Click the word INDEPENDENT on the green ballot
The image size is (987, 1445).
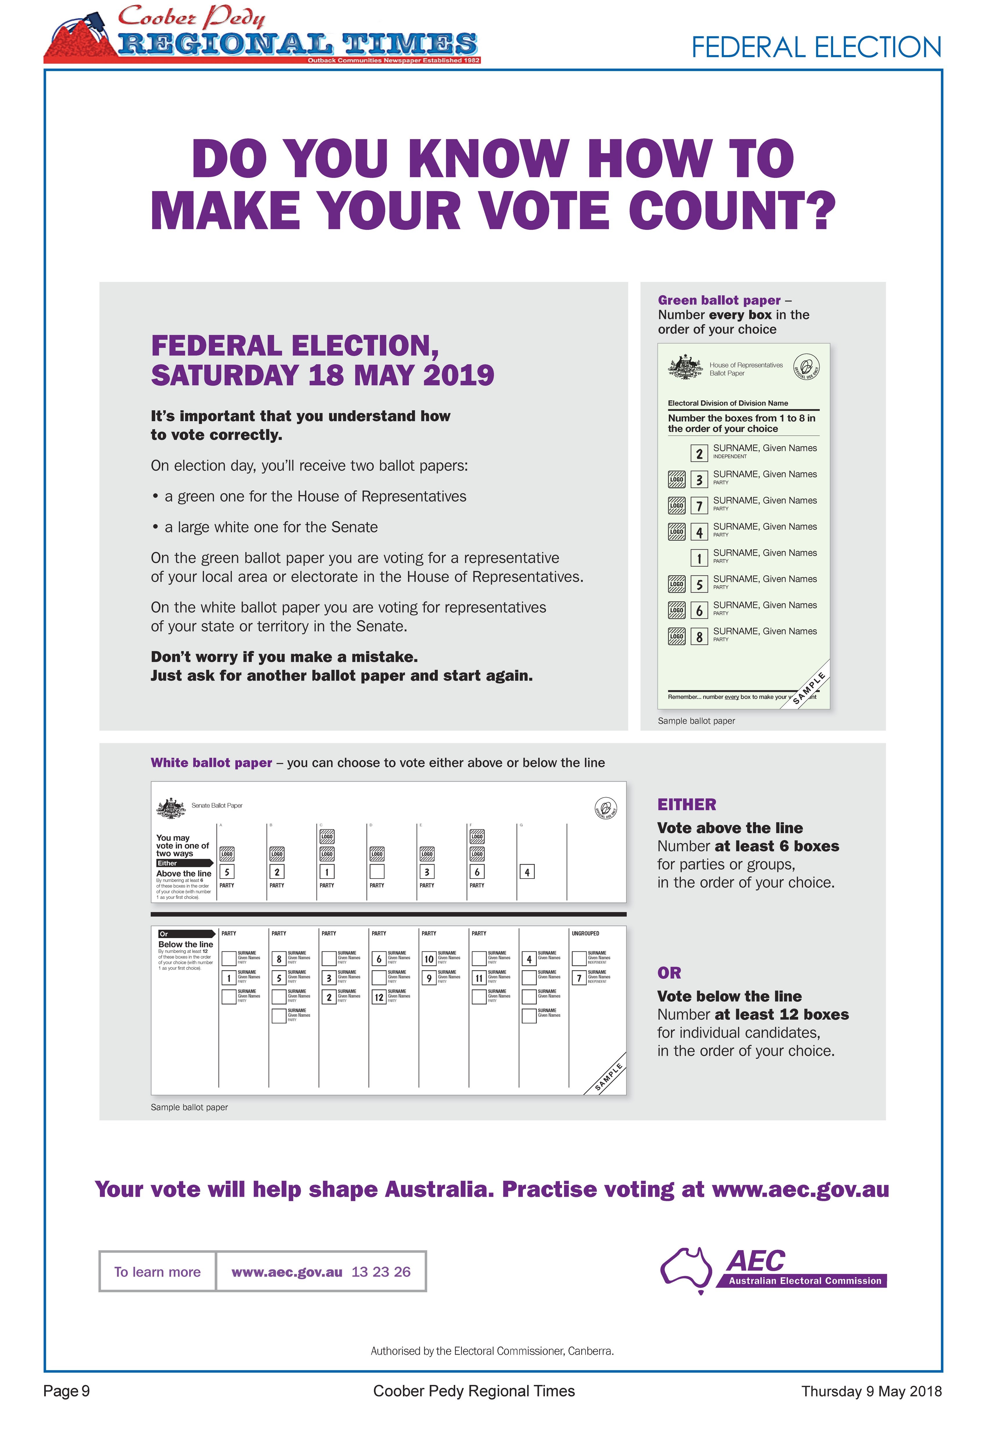730,456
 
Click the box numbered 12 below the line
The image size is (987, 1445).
379,997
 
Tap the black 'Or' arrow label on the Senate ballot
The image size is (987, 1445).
185,934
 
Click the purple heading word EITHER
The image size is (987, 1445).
686,805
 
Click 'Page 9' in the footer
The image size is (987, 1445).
66,1391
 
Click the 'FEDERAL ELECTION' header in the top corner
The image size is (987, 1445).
816,48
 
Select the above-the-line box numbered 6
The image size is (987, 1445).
477,872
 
